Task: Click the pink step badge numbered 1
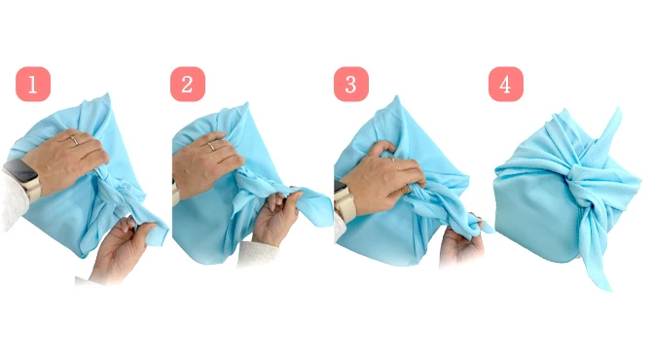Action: coord(33,84)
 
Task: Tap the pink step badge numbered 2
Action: coord(188,84)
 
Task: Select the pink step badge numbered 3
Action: coord(351,84)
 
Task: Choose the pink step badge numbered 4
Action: coord(506,84)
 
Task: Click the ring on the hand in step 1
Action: coord(74,140)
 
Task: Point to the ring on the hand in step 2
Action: coord(211,146)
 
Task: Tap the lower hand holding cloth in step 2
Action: coord(274,218)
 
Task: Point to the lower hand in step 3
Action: coord(461,241)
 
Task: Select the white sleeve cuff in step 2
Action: coord(258,254)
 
